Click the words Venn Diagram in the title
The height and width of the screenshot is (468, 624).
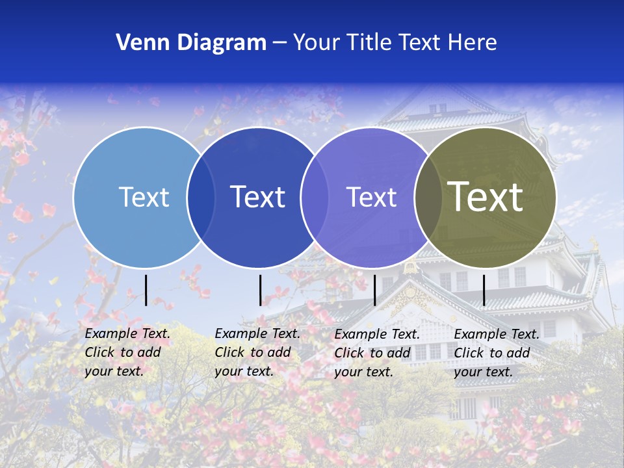point(191,43)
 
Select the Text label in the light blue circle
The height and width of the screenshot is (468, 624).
point(144,197)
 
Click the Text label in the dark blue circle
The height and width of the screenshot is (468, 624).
point(257,197)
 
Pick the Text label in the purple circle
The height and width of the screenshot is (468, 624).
point(371,197)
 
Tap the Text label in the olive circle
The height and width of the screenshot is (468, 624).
point(485,197)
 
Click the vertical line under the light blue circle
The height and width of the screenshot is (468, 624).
point(146,290)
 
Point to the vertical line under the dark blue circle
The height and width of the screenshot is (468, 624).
point(260,290)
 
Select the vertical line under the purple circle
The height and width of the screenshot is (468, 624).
point(374,290)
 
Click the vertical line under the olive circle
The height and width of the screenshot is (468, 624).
point(484,290)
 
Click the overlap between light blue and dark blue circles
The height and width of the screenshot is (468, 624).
point(201,198)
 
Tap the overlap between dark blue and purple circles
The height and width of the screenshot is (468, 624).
point(315,198)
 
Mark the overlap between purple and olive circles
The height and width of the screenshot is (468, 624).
point(428,198)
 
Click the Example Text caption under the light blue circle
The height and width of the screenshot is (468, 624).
point(127,352)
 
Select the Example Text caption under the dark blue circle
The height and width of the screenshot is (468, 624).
point(257,352)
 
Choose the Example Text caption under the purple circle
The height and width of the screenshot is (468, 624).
point(376,353)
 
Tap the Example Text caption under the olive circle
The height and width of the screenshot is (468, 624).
point(496,353)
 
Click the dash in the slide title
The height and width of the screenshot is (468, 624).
point(279,43)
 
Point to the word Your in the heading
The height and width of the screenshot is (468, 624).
point(317,43)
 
